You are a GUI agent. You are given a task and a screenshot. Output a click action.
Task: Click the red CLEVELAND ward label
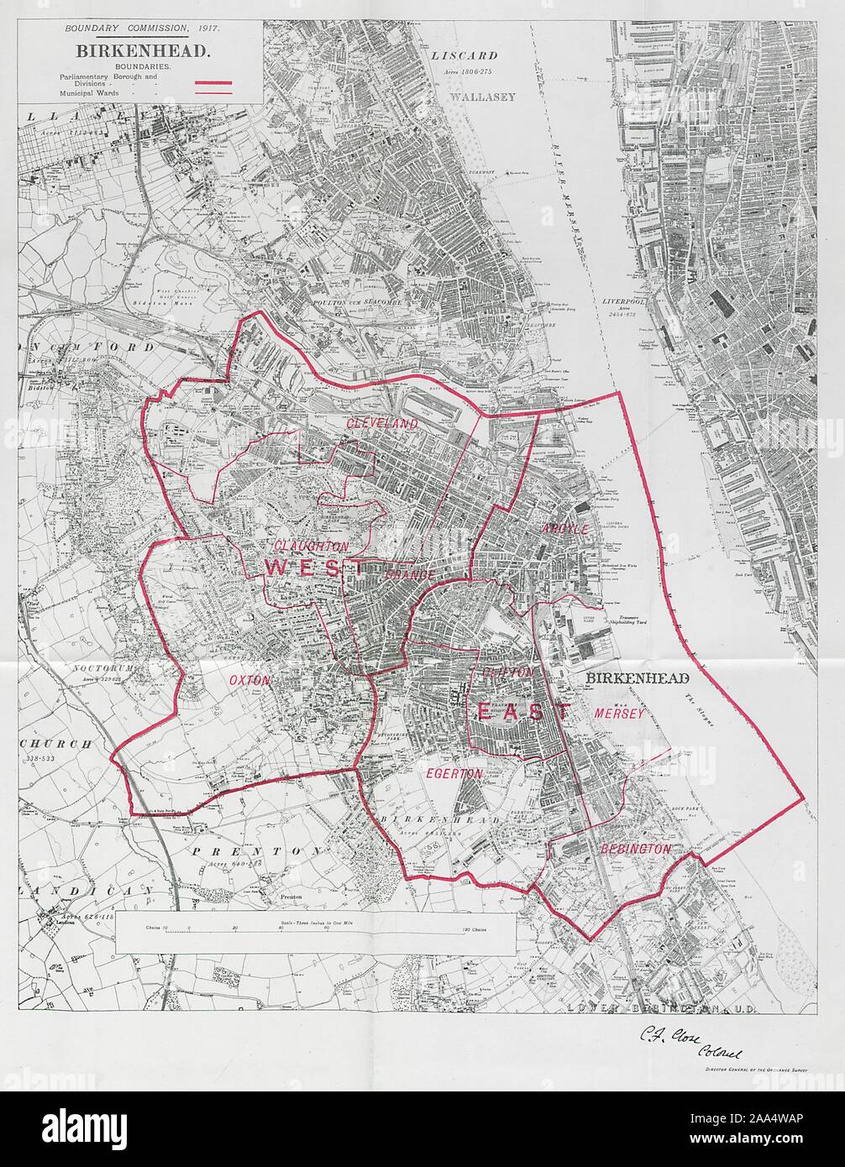click(x=382, y=424)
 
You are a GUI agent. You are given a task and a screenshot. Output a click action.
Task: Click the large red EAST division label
click(x=523, y=712)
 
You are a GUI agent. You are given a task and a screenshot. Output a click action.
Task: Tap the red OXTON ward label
click(x=249, y=681)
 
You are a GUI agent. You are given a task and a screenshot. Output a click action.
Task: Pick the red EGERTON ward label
click(x=454, y=773)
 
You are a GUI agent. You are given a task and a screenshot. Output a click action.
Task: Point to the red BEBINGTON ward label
click(x=636, y=849)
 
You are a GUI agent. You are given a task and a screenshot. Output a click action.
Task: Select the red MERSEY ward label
click(x=618, y=713)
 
